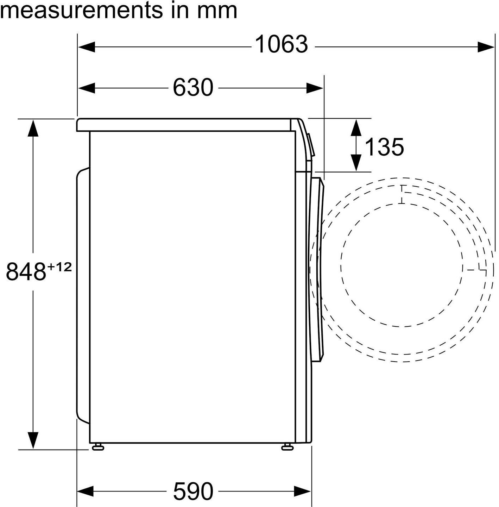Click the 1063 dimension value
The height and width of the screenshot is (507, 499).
281,44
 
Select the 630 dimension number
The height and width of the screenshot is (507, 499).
193,87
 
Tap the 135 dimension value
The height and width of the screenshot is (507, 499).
384,147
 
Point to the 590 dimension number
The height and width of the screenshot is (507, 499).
193,491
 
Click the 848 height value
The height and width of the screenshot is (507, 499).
26,272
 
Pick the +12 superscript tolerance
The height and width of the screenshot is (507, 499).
59,268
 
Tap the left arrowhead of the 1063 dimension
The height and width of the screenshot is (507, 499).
87,47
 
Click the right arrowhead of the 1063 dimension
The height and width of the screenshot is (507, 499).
486,47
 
